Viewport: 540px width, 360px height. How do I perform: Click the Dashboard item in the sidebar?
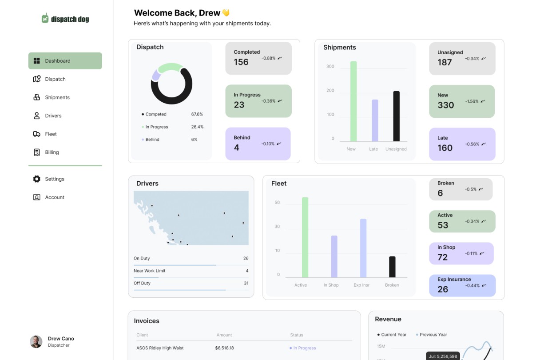click(65, 61)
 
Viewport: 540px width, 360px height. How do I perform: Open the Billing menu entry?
click(52, 152)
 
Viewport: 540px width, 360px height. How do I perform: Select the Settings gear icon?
click(37, 179)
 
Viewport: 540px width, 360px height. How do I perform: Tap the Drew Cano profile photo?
click(36, 341)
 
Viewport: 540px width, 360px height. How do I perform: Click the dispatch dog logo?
click(65, 19)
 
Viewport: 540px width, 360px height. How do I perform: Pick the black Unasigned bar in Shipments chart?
click(396, 116)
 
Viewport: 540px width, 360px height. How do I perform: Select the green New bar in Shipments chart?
click(353, 101)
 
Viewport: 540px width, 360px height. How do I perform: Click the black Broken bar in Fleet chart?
click(392, 267)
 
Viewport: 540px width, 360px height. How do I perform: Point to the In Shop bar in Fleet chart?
click(334, 256)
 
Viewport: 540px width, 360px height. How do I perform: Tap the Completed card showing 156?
click(258, 58)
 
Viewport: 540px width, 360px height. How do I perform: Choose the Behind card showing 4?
click(258, 144)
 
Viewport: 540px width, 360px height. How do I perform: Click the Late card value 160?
click(445, 148)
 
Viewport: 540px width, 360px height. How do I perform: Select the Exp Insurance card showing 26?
click(462, 285)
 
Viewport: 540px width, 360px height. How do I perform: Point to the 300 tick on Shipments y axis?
click(330, 67)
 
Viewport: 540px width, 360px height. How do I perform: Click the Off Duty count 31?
click(246, 283)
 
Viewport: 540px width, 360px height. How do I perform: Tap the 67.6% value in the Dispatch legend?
click(197, 114)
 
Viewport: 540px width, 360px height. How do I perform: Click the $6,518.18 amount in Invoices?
click(224, 348)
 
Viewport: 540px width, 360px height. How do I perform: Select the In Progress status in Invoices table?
click(304, 348)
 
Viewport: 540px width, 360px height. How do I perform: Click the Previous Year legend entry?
click(433, 335)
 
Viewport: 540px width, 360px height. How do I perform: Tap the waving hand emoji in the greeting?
click(226, 13)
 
